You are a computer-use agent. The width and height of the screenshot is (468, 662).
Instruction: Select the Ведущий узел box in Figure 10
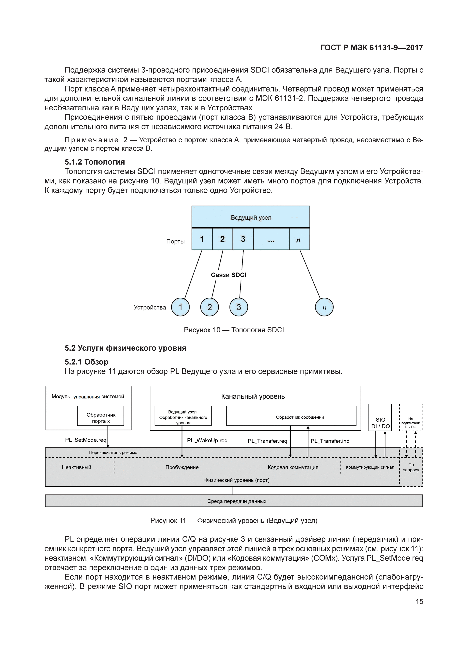(251, 217)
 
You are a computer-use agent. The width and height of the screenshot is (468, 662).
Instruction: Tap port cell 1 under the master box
(202, 239)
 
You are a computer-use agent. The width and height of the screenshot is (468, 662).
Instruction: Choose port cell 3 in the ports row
(243, 239)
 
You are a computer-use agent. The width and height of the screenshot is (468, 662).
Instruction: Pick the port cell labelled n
(299, 239)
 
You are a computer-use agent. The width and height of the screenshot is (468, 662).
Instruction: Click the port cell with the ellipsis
(271, 239)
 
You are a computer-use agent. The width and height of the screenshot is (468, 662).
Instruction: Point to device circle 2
(209, 307)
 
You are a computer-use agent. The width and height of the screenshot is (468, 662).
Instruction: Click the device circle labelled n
(324, 307)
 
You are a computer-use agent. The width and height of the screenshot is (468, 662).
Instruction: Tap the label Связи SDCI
(228, 275)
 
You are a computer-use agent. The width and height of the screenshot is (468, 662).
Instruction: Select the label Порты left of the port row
(175, 241)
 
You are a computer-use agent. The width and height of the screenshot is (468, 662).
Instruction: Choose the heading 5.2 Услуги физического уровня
(125, 348)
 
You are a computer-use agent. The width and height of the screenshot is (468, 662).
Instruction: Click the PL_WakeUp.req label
(207, 441)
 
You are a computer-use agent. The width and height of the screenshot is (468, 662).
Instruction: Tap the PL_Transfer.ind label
(330, 441)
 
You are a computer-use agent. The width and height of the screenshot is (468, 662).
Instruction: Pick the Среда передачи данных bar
(234, 501)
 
